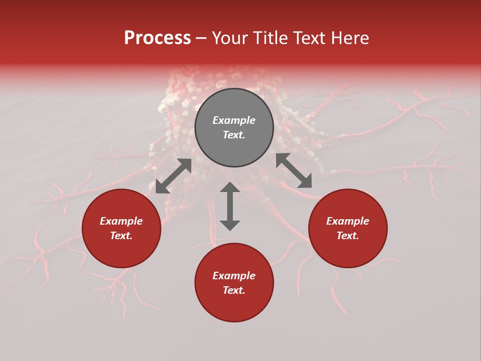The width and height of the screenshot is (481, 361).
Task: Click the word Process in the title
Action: point(157,38)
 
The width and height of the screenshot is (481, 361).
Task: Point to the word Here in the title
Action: point(351,38)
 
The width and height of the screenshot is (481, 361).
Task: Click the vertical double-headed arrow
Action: point(230,206)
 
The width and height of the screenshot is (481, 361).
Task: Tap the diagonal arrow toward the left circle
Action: point(173,176)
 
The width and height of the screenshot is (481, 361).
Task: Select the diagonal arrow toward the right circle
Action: point(294,171)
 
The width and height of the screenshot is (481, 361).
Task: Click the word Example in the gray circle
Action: point(234,120)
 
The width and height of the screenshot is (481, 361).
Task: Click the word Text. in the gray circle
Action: point(234,135)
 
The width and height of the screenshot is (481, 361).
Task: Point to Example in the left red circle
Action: point(121,221)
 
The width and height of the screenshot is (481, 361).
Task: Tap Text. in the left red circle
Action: point(121,236)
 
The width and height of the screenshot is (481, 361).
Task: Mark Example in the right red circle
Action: point(348,221)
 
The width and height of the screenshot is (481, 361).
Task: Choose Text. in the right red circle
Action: point(348,236)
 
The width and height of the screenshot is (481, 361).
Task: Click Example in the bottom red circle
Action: point(234,276)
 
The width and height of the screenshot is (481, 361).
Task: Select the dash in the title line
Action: point(201,38)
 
